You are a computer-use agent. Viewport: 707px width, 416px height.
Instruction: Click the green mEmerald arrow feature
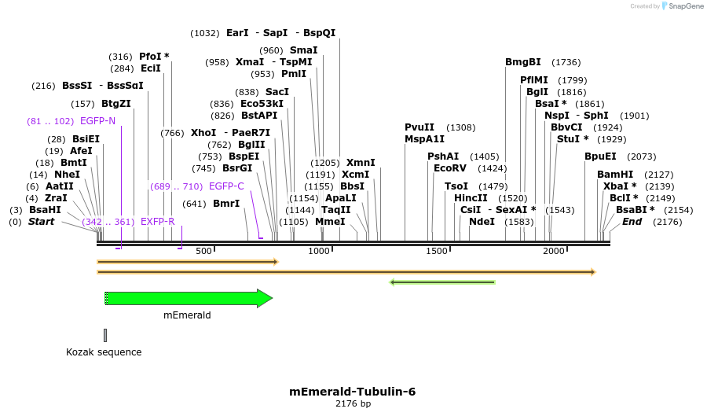click(189, 298)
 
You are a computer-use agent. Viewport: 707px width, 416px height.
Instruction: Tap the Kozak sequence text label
click(104, 352)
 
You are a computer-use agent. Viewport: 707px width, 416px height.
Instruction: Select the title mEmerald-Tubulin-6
click(353, 391)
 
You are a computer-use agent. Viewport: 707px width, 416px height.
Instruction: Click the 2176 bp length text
click(353, 403)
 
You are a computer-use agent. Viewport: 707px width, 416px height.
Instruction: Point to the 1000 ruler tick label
click(319, 251)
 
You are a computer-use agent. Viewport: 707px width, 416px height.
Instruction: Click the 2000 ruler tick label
click(554, 251)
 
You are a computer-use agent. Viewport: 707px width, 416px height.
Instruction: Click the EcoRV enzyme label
click(449, 168)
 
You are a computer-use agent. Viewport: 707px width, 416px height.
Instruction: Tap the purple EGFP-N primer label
click(97, 121)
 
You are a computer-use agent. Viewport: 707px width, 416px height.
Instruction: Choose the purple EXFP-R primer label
click(157, 222)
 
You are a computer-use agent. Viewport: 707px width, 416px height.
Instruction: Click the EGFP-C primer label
click(226, 186)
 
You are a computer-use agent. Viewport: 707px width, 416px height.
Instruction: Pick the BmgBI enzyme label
click(522, 62)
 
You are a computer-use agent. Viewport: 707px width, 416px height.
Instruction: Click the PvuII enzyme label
click(419, 127)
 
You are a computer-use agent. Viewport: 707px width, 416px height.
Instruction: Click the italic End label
click(632, 222)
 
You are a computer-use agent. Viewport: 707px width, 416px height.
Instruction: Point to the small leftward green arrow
click(442, 282)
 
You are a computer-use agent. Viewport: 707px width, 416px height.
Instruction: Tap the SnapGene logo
click(682, 6)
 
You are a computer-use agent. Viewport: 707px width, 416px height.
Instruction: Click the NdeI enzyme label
click(482, 222)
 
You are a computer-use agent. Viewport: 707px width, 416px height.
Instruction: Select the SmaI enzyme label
click(303, 50)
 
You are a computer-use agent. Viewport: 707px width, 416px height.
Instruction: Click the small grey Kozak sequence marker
click(104, 335)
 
